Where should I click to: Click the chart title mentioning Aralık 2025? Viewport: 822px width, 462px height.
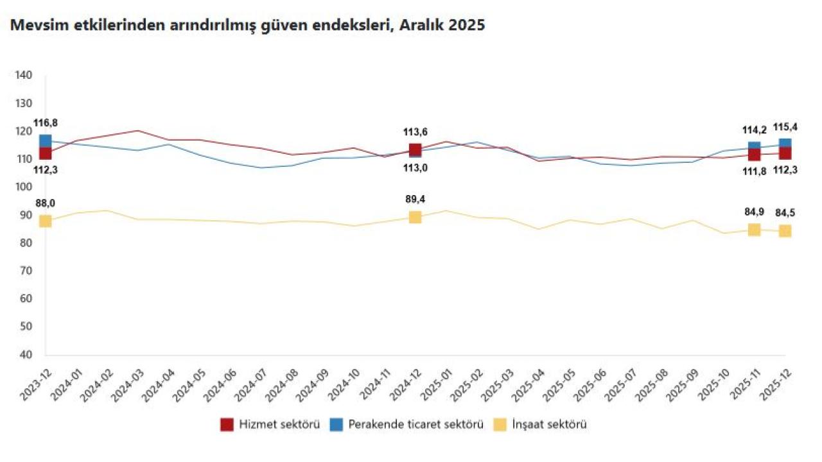click(246, 26)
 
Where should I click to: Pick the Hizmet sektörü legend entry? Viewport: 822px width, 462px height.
click(270, 424)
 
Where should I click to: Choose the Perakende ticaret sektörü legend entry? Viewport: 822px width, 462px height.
click(406, 424)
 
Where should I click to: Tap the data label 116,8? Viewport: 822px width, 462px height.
click(45, 123)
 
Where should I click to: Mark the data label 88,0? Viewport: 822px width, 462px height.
click(45, 203)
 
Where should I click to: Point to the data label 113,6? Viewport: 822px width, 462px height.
click(415, 132)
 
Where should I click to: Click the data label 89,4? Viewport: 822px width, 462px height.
click(415, 200)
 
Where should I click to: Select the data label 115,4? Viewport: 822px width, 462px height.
click(785, 127)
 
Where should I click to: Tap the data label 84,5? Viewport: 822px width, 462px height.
click(785, 213)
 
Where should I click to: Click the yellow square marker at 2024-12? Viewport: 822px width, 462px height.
click(415, 218)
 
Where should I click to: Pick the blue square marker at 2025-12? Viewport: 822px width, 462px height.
click(785, 144)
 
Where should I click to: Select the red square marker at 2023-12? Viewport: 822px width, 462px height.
click(45, 153)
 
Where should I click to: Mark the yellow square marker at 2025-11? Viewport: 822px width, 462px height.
click(754, 230)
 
